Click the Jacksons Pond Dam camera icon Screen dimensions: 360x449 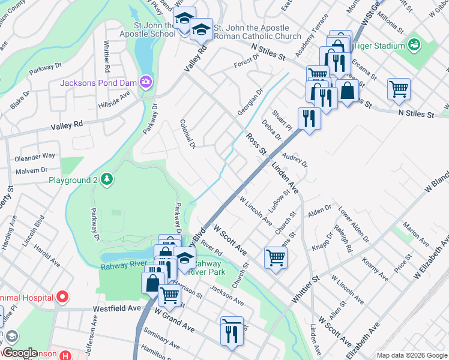tap(145, 81)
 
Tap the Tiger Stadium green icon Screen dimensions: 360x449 tap(414, 44)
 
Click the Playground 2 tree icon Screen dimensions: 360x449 tap(106, 179)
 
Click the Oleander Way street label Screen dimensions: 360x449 tap(35, 155)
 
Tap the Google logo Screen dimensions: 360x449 tap(20, 353)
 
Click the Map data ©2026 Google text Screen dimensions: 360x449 tap(411, 355)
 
